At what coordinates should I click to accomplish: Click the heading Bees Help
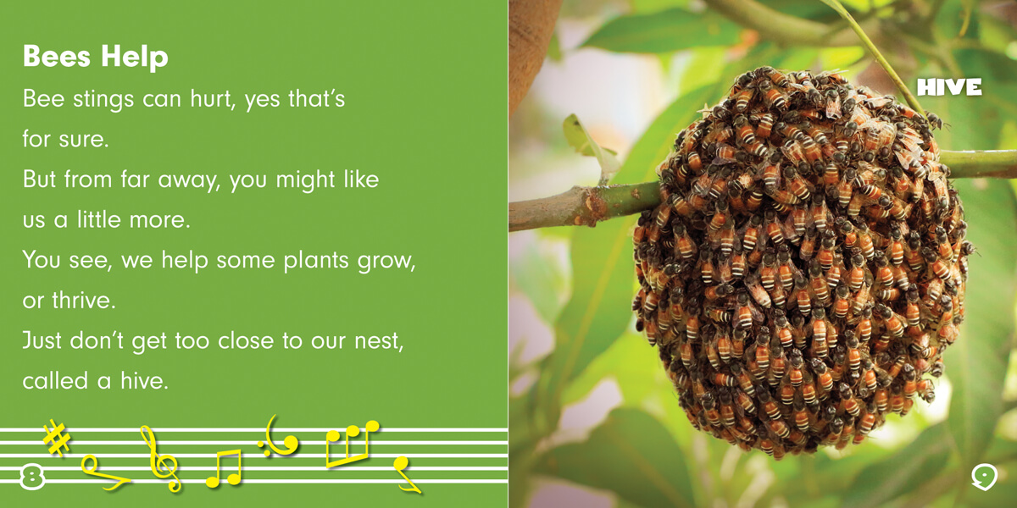click(95, 58)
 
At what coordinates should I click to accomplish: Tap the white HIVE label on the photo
click(949, 86)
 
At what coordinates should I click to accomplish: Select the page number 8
click(32, 478)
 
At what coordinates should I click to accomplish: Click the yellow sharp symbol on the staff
click(57, 438)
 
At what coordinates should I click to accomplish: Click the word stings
click(103, 100)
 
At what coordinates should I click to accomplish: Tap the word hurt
click(211, 99)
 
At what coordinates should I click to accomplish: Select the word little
click(98, 219)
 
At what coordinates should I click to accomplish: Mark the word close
click(246, 340)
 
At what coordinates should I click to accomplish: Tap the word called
click(55, 380)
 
